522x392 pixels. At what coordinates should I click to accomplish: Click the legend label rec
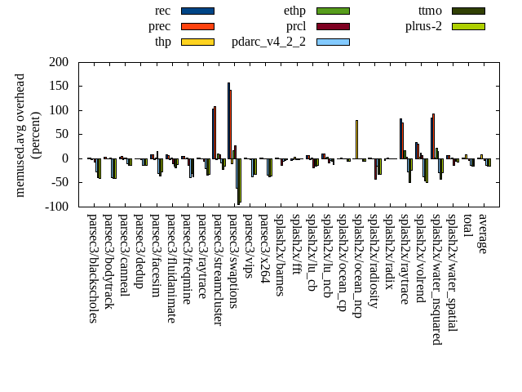[162, 11]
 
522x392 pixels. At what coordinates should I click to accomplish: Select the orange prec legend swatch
[197, 26]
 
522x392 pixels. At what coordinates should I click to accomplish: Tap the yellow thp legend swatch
[197, 42]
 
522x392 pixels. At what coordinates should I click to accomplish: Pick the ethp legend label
[294, 11]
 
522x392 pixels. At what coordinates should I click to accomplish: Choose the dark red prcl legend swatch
[333, 26]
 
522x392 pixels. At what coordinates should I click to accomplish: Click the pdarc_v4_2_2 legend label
[268, 42]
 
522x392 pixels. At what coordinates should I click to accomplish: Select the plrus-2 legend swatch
[468, 26]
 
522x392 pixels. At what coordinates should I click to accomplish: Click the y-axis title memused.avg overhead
[20, 134]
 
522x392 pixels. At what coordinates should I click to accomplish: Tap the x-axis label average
[483, 234]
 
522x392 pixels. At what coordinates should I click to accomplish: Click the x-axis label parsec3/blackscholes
[92, 269]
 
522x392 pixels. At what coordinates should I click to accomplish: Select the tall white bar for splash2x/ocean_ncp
[356, 139]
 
